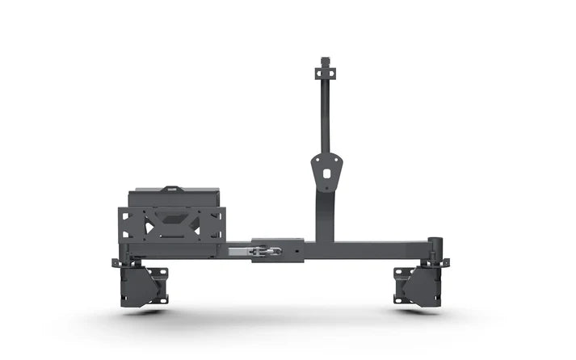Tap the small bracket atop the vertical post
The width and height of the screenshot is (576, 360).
pos(326,65)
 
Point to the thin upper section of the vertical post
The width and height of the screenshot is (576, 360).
pos(326,113)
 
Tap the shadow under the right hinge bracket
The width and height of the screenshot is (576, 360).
pos(418,311)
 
